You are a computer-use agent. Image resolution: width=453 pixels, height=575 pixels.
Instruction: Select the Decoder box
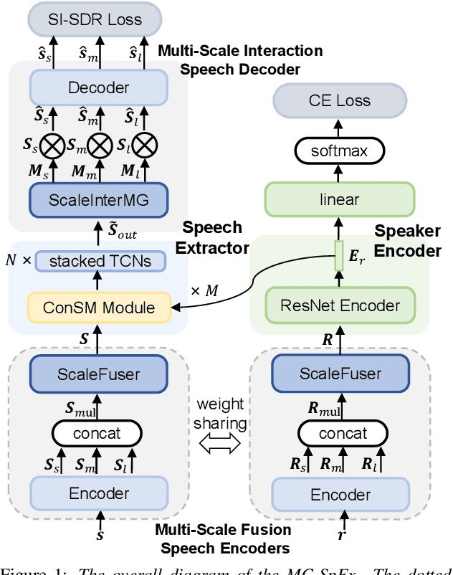click(x=98, y=87)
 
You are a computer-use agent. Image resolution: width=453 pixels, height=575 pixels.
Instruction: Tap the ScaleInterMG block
click(x=98, y=199)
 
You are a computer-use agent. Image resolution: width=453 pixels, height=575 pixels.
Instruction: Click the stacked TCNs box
click(x=100, y=261)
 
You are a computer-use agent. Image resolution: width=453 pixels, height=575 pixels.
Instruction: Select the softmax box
click(x=340, y=151)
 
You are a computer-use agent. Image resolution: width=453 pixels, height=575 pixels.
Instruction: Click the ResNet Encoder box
click(x=340, y=305)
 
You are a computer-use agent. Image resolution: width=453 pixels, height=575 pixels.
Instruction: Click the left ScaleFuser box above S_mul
click(x=98, y=374)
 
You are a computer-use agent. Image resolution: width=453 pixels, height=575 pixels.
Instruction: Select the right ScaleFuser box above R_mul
click(x=340, y=374)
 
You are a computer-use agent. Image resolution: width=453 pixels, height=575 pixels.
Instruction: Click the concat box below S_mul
click(x=100, y=433)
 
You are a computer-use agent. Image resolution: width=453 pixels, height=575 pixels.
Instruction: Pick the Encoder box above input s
click(x=98, y=493)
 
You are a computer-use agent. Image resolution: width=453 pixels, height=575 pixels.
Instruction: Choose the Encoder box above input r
click(x=340, y=495)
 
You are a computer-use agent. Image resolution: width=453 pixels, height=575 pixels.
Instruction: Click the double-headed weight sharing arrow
click(x=219, y=445)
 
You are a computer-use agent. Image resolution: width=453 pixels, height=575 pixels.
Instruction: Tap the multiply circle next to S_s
click(x=52, y=147)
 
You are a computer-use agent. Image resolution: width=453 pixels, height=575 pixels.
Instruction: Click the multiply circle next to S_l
click(x=146, y=147)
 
